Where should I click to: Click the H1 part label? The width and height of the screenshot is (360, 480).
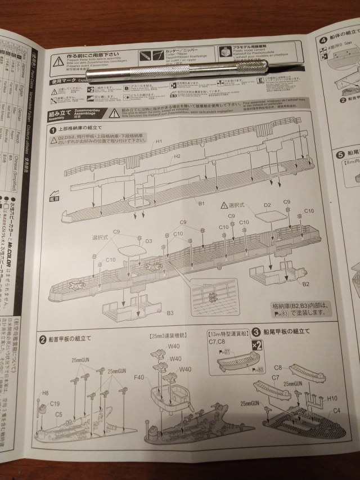159,141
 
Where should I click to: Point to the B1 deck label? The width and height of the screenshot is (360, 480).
200,201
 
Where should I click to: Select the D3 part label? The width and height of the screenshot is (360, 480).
149,241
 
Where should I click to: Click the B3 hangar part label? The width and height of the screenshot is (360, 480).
169,313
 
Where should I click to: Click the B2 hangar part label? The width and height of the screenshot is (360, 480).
305,285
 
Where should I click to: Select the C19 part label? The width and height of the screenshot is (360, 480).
55,403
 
